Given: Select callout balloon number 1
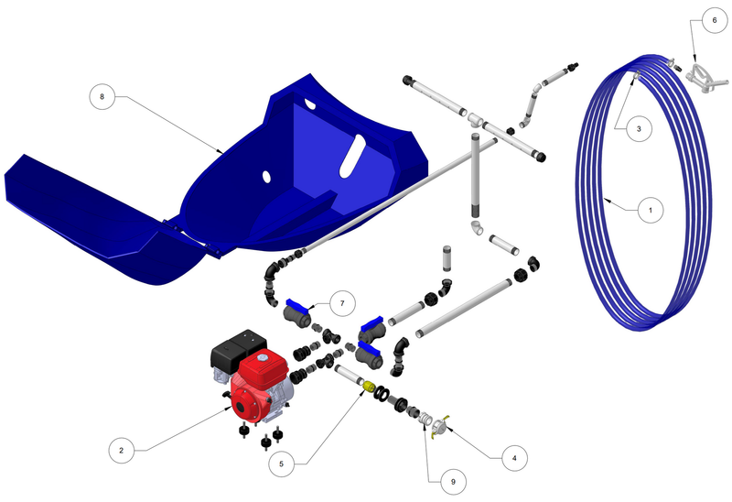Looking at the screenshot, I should coord(650,210).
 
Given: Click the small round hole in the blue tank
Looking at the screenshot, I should coord(265,175).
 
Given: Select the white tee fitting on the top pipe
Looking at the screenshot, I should coord(476,120).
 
